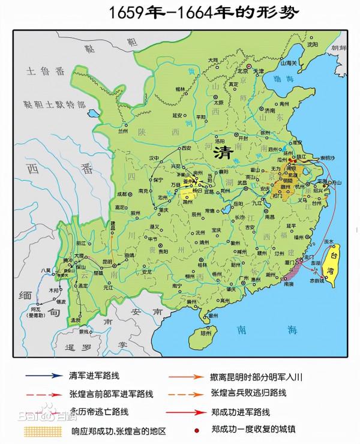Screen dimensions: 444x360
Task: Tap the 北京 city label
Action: click(242, 71)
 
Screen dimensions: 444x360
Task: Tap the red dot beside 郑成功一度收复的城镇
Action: click(197, 431)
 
